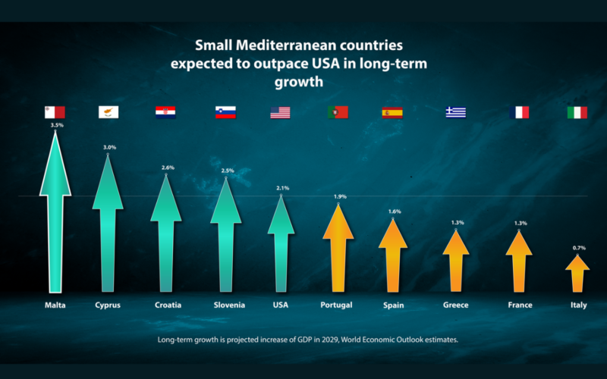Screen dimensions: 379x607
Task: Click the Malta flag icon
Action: [55, 112]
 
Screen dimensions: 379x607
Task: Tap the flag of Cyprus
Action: [108, 112]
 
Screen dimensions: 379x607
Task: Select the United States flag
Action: [280, 113]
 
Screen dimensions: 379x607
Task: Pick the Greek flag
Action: [455, 113]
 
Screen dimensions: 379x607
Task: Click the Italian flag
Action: [577, 113]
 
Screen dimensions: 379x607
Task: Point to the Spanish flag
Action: [392, 113]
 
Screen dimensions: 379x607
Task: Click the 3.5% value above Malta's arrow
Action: [56, 125]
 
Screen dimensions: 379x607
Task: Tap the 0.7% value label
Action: [579, 248]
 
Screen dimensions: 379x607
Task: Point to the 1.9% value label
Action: [340, 196]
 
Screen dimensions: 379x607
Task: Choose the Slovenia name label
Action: [228, 305]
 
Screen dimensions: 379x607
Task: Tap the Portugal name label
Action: [337, 305]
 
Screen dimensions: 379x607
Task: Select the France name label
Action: [520, 305]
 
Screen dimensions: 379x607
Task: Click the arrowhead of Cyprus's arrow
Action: [108, 186]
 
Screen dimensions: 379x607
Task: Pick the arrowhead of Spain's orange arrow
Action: [392, 234]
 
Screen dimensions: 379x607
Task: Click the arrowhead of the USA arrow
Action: [281, 216]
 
